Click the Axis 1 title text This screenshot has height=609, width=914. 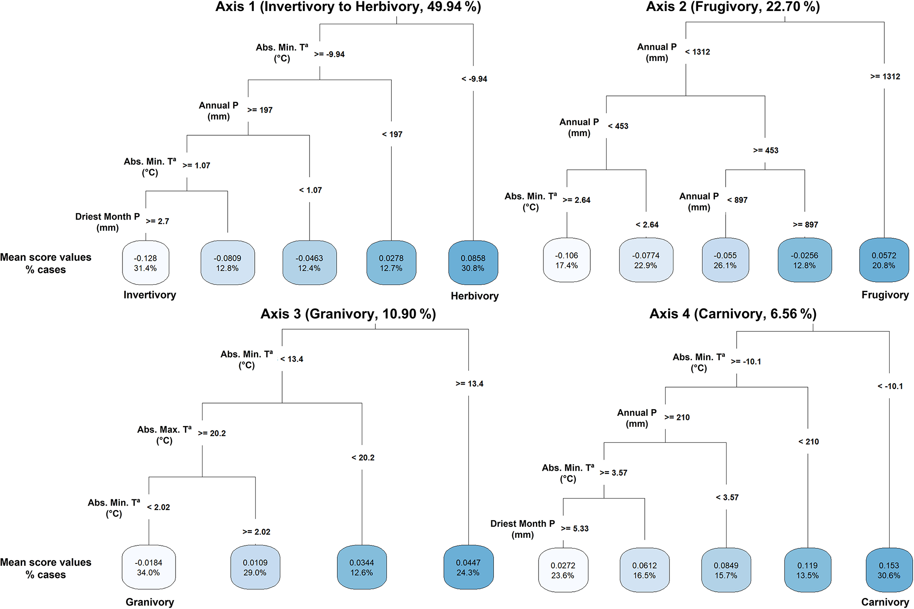348,7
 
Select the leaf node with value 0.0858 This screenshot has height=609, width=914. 473,263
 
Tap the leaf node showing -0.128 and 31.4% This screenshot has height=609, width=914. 145,263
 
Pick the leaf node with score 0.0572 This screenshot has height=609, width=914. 883,260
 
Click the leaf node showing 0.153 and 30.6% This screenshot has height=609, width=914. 889,570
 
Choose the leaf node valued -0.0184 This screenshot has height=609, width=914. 149,567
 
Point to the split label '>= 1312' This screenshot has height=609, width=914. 885,76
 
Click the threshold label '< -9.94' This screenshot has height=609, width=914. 474,79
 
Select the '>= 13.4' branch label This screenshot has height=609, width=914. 469,384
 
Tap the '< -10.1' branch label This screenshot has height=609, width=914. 890,386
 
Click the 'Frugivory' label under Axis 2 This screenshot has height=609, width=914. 885,295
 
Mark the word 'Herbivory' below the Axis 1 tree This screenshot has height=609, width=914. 474,296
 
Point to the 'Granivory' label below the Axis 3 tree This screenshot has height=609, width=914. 150,602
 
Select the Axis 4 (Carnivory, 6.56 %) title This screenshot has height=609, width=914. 733,314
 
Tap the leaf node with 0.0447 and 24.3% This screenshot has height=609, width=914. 468,567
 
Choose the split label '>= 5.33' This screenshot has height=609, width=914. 575,529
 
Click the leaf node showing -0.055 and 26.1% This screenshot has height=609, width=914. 725,260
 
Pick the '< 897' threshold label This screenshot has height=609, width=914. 737,200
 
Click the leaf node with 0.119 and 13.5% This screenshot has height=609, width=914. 807,570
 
